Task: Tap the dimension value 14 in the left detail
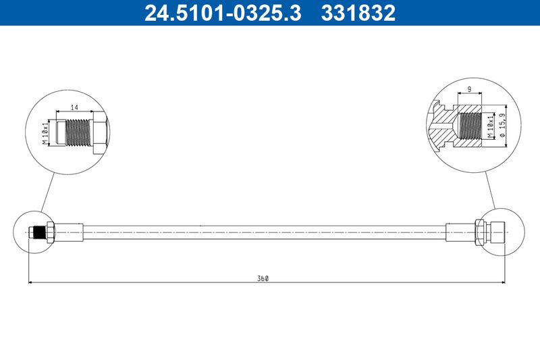click(x=75, y=107)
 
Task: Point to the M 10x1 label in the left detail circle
click(x=46, y=132)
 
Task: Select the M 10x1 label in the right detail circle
click(x=489, y=126)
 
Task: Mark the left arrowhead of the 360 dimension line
click(x=31, y=282)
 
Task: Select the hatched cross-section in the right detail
click(x=446, y=128)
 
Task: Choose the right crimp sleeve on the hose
click(x=461, y=232)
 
